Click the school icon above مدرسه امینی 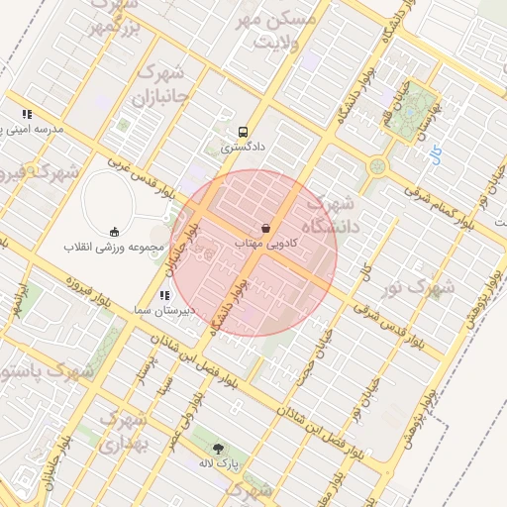point(27,114)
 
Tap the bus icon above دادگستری point(243,132)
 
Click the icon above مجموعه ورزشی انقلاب point(114,231)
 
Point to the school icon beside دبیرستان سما point(163,295)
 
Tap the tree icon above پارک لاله point(218,448)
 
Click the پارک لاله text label point(218,462)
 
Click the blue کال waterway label point(365,269)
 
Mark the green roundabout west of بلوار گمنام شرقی point(377,165)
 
